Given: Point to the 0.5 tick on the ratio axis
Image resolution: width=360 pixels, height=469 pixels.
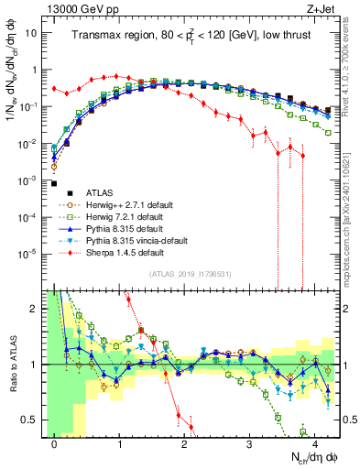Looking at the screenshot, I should (33, 420).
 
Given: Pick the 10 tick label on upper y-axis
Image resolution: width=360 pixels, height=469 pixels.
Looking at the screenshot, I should (32, 34).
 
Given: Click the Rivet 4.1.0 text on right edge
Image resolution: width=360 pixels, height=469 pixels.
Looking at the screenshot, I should (351, 55).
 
